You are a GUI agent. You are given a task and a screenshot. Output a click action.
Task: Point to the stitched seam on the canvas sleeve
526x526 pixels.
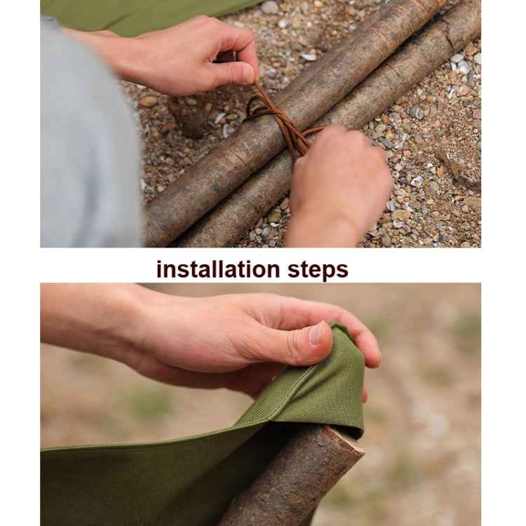pos(295,393)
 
